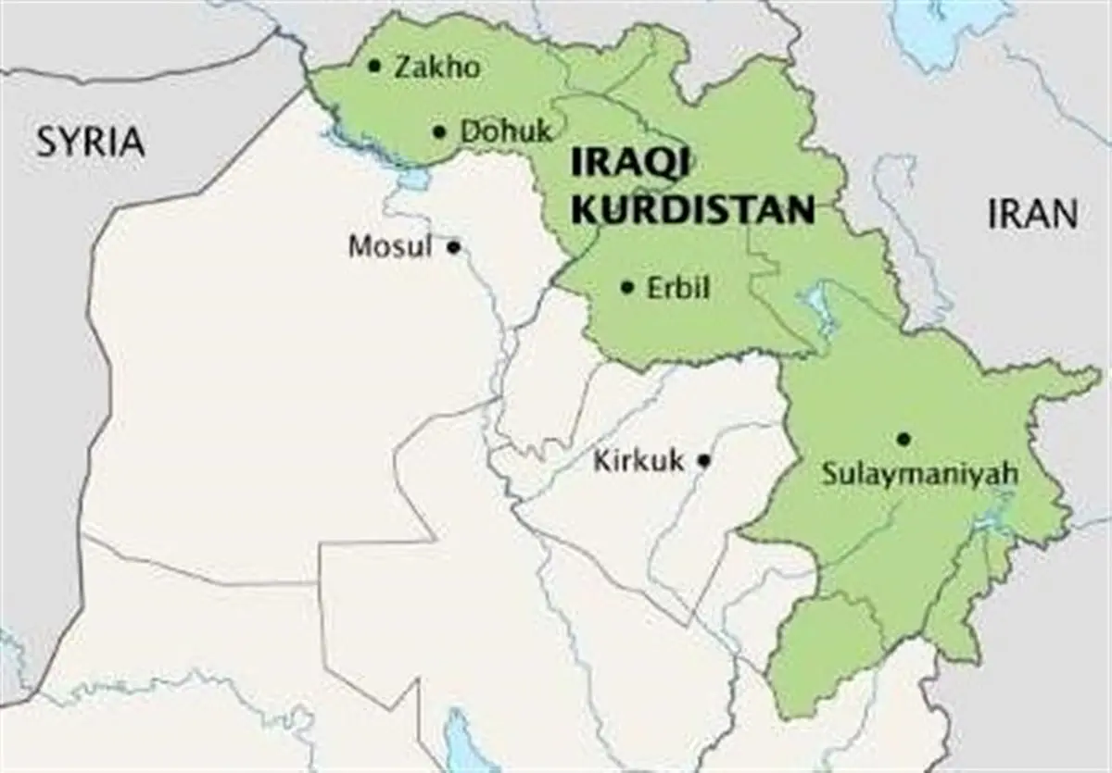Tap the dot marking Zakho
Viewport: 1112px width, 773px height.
pyautogui.click(x=374, y=66)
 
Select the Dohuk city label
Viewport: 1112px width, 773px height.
pyautogui.click(x=506, y=131)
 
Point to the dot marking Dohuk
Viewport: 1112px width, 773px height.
pyautogui.click(x=439, y=131)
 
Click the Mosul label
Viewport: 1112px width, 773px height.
pyautogui.click(x=390, y=247)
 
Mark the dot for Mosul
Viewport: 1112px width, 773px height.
pyautogui.click(x=453, y=247)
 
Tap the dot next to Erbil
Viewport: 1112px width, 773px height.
pyautogui.click(x=627, y=288)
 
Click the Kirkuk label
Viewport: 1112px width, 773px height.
pyautogui.click(x=638, y=460)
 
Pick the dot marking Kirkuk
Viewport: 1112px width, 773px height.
pyautogui.click(x=704, y=459)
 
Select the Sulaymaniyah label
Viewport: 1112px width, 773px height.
pyautogui.click(x=920, y=475)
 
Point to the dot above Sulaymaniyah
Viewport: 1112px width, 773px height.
pyautogui.click(x=903, y=439)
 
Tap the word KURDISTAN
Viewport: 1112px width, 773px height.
pyautogui.click(x=692, y=210)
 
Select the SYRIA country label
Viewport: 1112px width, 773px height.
pyautogui.click(x=91, y=142)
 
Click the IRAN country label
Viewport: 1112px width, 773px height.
pyautogui.click(x=1032, y=215)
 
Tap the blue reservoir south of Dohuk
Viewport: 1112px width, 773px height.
pyautogui.click(x=412, y=176)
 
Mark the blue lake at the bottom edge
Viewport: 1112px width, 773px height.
pyautogui.click(x=459, y=741)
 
